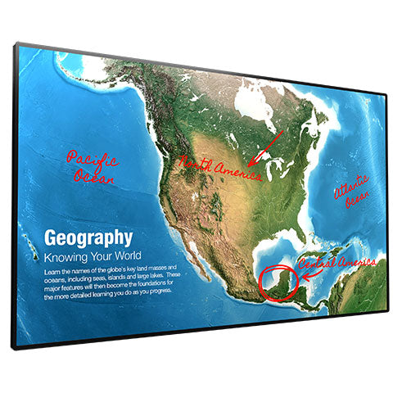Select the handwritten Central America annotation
[x=338, y=264]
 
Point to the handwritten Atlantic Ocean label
[x=351, y=190]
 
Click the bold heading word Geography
[x=88, y=238]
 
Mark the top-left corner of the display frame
[x=14, y=44]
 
